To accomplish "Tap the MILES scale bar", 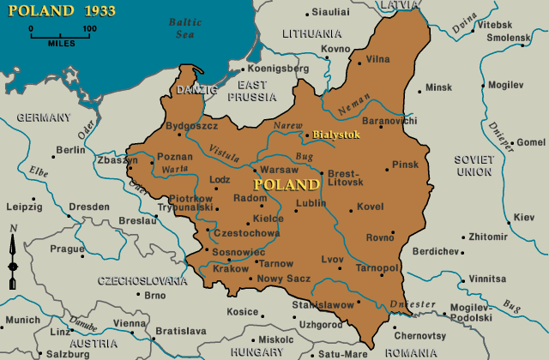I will pos(61,33).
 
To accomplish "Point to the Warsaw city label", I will pos(279,170).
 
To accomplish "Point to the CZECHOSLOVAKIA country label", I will pos(142,280).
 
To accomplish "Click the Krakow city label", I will pos(230,268).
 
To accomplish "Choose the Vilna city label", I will pos(378,59).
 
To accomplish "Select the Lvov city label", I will pos(333,258).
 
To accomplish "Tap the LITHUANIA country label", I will pos(311,33).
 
